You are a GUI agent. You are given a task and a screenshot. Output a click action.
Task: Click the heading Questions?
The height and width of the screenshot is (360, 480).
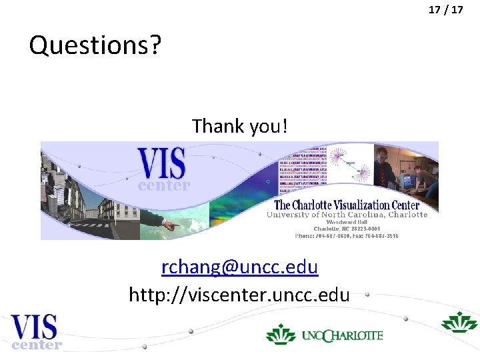pos(95,45)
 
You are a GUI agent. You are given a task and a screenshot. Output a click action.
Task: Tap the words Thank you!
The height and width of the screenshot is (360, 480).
pos(240,125)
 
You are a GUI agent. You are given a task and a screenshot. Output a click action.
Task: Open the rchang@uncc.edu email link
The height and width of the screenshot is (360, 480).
pos(239,267)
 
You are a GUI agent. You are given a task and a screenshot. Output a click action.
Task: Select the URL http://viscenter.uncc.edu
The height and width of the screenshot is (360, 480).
pos(239,294)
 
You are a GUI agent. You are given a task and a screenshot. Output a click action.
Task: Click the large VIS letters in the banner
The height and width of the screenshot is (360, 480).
pos(161,163)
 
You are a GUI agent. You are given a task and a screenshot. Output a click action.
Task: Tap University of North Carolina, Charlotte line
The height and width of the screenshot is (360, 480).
pos(347,215)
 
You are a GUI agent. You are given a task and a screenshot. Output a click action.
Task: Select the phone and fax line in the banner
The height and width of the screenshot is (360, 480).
pos(347,236)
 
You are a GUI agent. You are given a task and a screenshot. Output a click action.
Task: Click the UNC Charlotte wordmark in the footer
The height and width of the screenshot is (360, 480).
pos(343,335)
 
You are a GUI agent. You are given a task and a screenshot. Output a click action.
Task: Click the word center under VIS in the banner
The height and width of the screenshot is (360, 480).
pos(164,186)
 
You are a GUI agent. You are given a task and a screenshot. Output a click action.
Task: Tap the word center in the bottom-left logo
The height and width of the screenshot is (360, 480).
pos(37,345)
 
